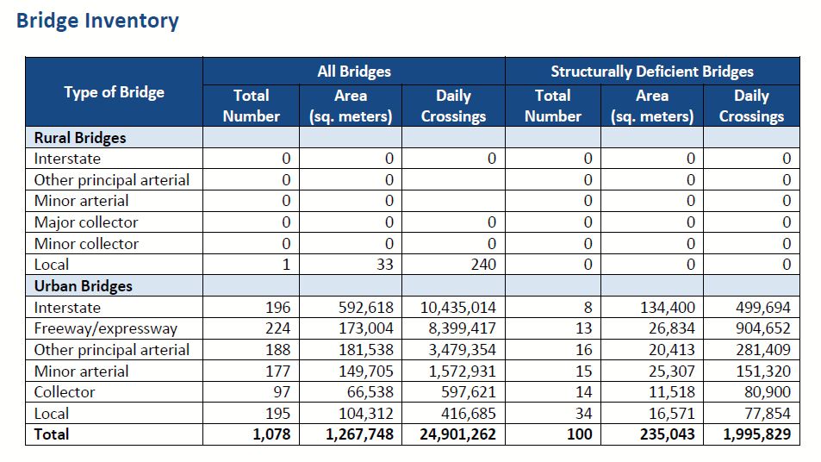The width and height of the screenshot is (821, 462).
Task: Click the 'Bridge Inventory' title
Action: (x=97, y=21)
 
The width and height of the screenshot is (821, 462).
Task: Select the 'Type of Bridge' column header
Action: (x=114, y=92)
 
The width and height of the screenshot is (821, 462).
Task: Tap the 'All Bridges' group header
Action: (x=353, y=72)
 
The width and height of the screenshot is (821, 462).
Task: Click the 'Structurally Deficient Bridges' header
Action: (x=651, y=72)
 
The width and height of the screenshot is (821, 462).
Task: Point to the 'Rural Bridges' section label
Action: (x=79, y=138)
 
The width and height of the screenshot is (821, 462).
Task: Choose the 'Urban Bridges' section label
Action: (x=83, y=286)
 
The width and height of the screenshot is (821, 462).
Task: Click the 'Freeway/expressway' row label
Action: (x=105, y=328)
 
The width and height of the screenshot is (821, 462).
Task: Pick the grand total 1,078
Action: (x=271, y=434)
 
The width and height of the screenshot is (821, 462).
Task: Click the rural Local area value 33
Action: (x=384, y=265)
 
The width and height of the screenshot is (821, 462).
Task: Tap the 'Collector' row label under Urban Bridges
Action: (x=65, y=392)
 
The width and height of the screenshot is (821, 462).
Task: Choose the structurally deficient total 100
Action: (x=580, y=434)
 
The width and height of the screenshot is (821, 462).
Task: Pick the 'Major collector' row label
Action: (x=85, y=222)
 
